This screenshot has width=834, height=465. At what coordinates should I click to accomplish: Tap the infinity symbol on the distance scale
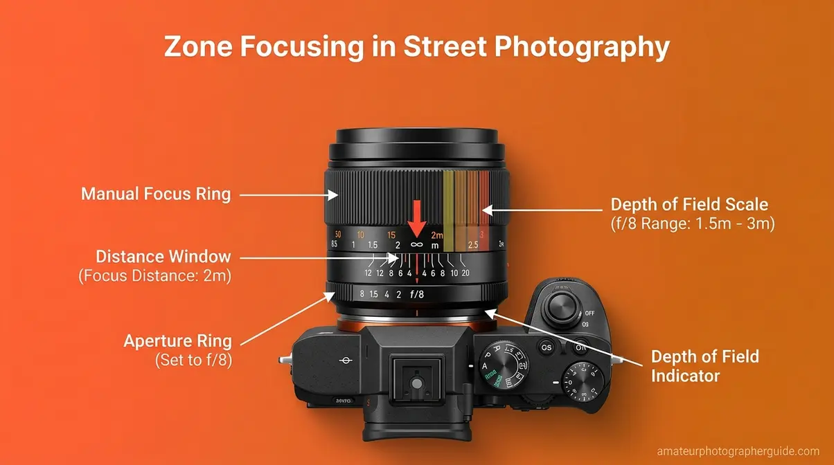[416, 244]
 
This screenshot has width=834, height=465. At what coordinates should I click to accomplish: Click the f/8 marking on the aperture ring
[417, 294]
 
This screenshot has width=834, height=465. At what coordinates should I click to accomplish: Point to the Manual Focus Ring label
[156, 194]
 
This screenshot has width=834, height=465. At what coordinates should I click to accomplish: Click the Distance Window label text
[163, 257]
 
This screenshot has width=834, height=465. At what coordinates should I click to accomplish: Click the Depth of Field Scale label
[689, 204]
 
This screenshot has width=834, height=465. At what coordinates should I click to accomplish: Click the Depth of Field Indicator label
[704, 366]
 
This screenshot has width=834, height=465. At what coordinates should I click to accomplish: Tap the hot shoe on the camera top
[417, 381]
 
